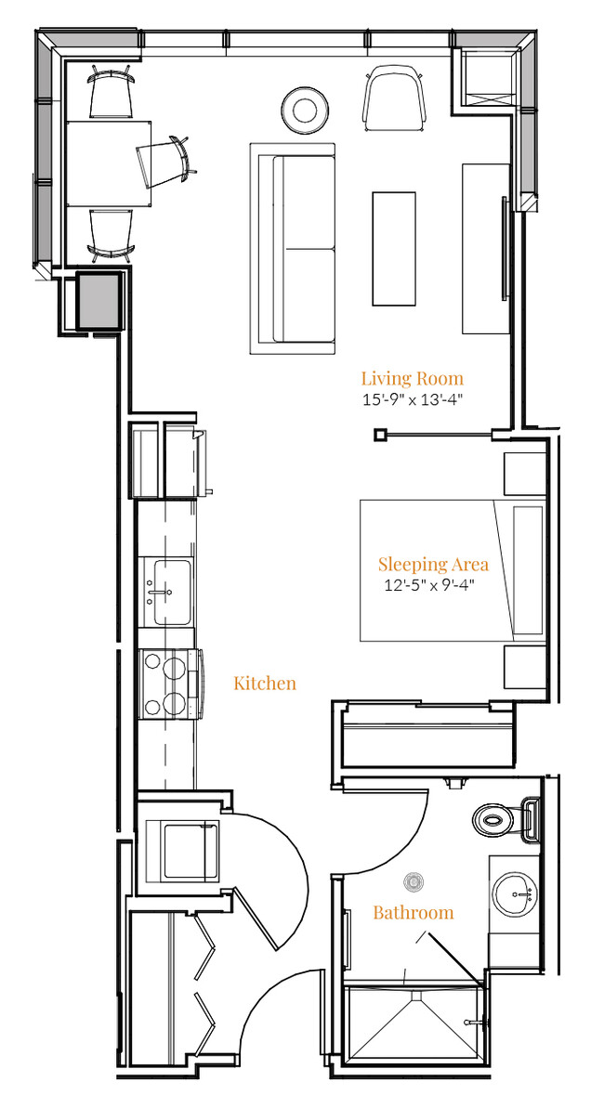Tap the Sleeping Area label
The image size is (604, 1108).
coord(433,565)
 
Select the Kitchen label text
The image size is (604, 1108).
coord(265,684)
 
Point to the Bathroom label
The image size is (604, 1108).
coord(414,913)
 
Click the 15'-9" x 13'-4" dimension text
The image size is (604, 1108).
coord(413,400)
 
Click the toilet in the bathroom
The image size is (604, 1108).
coord(506,819)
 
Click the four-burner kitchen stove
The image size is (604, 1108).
coord(170,684)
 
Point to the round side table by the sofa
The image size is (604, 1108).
coord(305,111)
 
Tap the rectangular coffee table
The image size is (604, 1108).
coord(394,249)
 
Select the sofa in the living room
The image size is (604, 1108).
coord(292,249)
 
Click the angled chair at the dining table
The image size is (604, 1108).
coord(165,161)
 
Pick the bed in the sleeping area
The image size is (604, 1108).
coord(453,571)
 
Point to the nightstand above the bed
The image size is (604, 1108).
coord(525,475)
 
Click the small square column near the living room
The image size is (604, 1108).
coord(381,435)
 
